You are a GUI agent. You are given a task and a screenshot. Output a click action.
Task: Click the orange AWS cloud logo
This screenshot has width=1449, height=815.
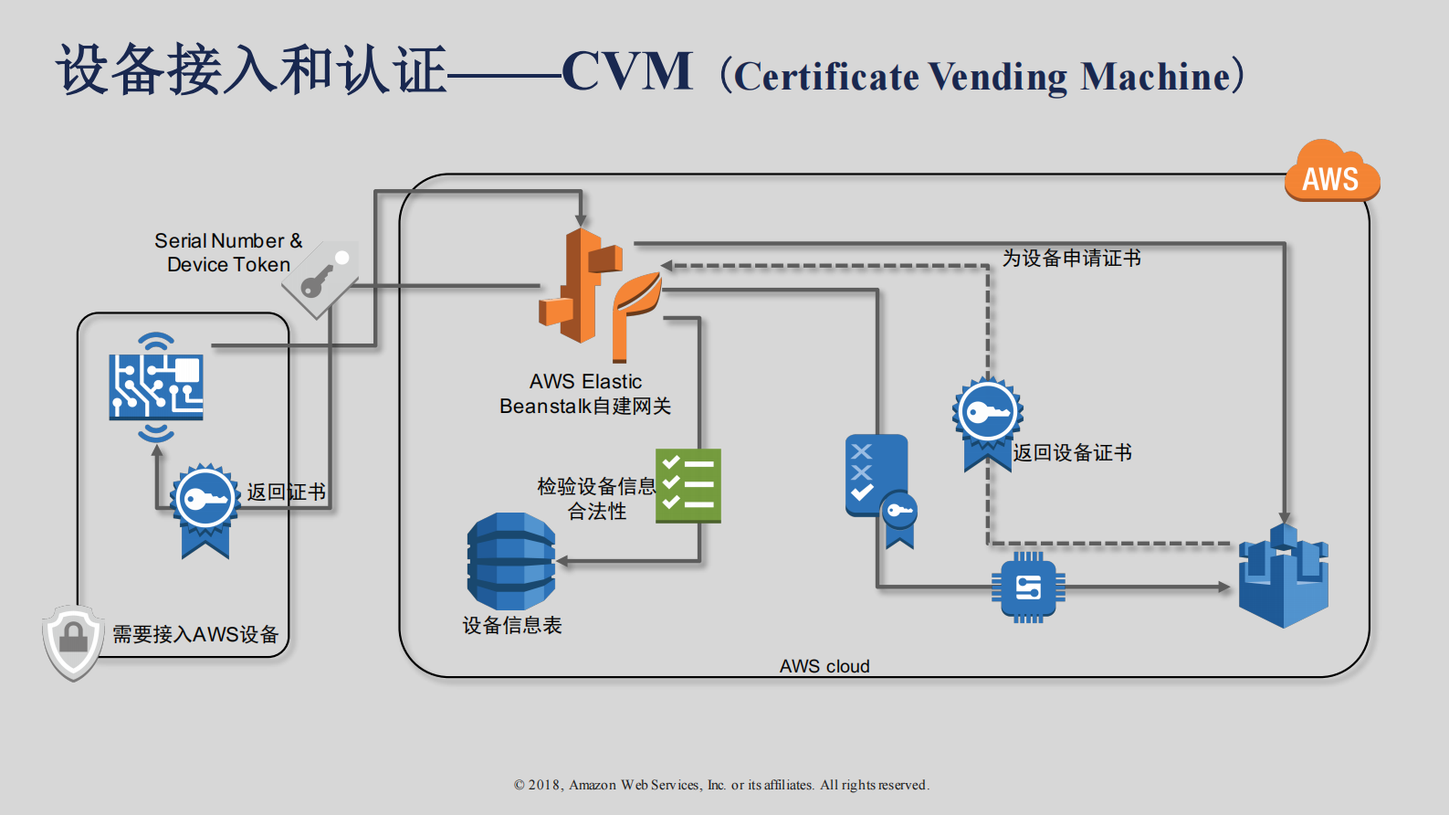(1331, 173)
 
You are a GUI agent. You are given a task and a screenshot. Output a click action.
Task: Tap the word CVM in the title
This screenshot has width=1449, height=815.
(627, 72)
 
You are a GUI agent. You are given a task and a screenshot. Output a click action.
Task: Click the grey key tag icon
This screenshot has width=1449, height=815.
(321, 279)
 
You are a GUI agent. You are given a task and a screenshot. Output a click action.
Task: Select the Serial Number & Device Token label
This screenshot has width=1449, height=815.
(227, 253)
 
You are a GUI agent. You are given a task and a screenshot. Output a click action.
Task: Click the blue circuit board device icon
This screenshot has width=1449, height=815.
(156, 386)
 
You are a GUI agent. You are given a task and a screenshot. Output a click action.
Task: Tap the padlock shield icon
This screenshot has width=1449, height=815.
(72, 642)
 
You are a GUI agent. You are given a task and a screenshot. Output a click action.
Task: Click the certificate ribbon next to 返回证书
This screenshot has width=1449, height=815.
(205, 509)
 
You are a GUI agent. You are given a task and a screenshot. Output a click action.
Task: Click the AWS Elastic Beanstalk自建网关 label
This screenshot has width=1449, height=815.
(585, 394)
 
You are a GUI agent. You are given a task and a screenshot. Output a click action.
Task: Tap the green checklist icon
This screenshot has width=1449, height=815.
(688, 485)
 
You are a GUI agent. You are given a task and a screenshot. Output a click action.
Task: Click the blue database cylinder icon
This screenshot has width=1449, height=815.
(510, 561)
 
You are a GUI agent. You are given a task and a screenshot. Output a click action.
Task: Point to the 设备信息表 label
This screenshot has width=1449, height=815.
(511, 626)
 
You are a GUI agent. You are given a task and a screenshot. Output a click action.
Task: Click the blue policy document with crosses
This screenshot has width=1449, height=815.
(877, 476)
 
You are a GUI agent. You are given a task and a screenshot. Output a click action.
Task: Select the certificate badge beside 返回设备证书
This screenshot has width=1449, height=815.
(987, 421)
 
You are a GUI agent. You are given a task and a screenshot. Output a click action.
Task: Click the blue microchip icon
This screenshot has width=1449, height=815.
(1028, 587)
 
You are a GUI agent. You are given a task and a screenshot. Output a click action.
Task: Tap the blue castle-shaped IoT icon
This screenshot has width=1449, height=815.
(1283, 577)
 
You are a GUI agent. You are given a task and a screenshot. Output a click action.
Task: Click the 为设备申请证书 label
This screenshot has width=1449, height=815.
(1071, 259)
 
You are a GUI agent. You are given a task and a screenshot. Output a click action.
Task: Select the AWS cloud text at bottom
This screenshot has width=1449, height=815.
(824, 666)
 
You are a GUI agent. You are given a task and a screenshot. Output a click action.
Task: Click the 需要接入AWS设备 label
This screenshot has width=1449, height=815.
(195, 634)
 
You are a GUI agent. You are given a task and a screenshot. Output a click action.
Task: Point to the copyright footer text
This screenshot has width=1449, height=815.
(721, 785)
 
